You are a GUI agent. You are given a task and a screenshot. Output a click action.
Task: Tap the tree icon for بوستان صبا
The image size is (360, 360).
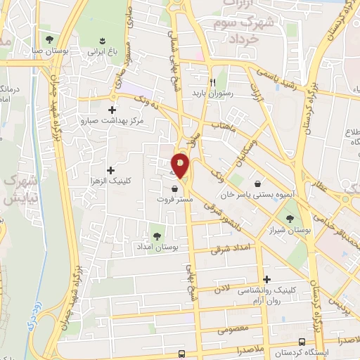[x=49, y=39]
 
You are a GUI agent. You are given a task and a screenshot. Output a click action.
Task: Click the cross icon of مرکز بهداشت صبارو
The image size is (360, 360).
[x=112, y=109]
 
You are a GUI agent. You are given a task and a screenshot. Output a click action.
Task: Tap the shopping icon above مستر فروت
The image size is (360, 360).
[x=174, y=188]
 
